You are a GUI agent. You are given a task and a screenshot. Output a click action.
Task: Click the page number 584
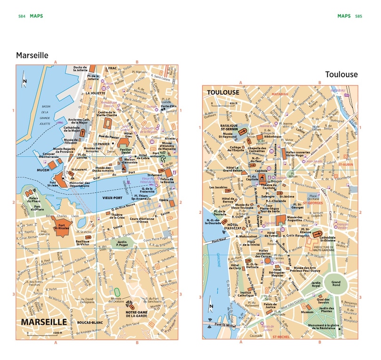[x=21, y=16]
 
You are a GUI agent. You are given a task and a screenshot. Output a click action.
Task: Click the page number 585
[x=358, y=16]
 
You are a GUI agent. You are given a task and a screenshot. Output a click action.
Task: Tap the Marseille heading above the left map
[x=32, y=55]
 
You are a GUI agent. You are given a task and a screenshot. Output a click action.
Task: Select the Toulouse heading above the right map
[x=341, y=74]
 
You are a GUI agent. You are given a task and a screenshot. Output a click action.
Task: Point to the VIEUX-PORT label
[x=113, y=198]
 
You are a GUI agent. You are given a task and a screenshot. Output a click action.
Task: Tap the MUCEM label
[x=43, y=169]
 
